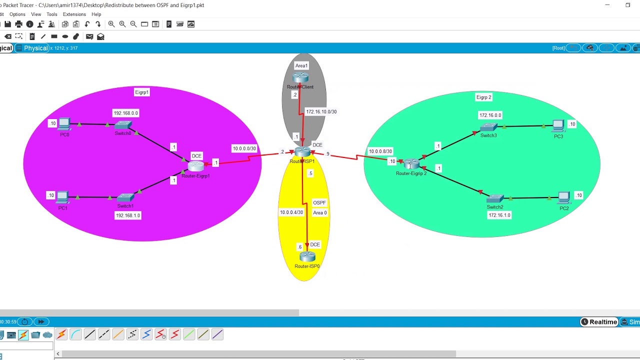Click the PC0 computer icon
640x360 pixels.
coord(64,124)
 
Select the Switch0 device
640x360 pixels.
coord(123,125)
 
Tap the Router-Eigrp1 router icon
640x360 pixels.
coord(196,166)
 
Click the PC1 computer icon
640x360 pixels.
coord(62,197)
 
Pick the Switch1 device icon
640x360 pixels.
coord(125,197)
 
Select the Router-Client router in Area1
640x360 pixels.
coord(300,78)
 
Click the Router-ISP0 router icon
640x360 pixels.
coord(307,257)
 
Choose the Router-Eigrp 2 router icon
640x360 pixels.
coord(411,164)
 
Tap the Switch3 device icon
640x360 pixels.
coord(488,127)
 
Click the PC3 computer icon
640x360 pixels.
coord(558,125)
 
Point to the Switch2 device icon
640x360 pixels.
coord(495,199)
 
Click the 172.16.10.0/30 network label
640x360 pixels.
coord(321,111)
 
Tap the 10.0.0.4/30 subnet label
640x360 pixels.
coord(291,212)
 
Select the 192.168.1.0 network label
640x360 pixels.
coord(127,215)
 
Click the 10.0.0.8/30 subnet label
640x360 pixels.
coord(380,151)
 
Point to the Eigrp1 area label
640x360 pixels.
coord(141,92)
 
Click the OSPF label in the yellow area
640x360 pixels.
coord(319,202)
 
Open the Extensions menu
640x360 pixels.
coord(74,14)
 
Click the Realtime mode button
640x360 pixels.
coord(598,322)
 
